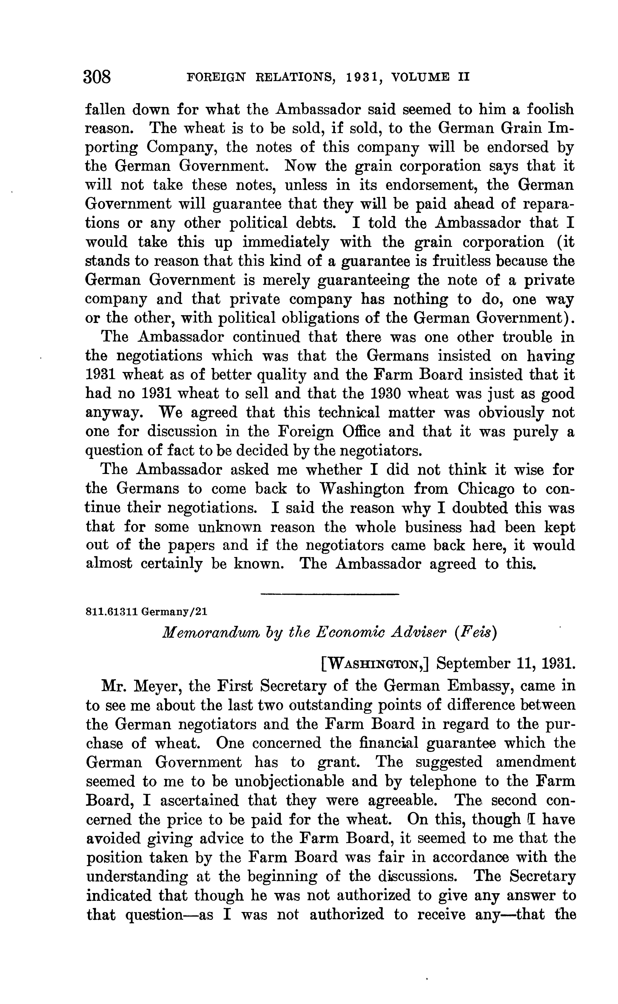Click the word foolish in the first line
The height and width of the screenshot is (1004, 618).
click(550, 110)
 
